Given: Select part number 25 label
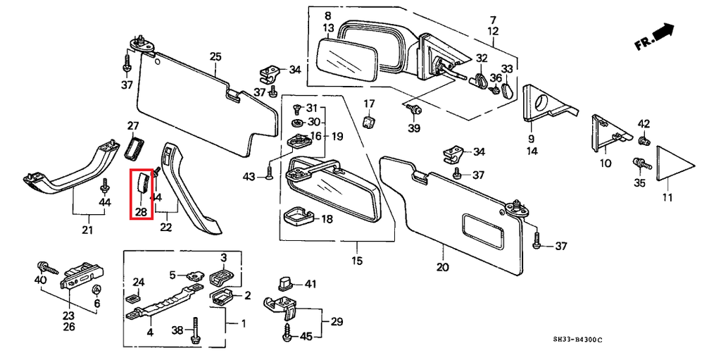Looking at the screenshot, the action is [215, 57].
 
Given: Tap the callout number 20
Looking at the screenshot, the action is [444, 267].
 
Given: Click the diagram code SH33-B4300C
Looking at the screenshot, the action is [577, 340].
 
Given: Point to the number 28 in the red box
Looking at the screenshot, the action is [141, 212].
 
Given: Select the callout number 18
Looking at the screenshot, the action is [327, 218].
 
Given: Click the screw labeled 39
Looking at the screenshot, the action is [414, 110].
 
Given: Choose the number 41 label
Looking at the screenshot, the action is [311, 285].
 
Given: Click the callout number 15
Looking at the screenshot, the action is [357, 261].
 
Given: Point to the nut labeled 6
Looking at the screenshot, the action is [96, 290].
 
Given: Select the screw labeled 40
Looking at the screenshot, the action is [48, 267].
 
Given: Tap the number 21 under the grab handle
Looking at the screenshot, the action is [87, 230].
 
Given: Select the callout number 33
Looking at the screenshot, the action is [507, 69].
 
